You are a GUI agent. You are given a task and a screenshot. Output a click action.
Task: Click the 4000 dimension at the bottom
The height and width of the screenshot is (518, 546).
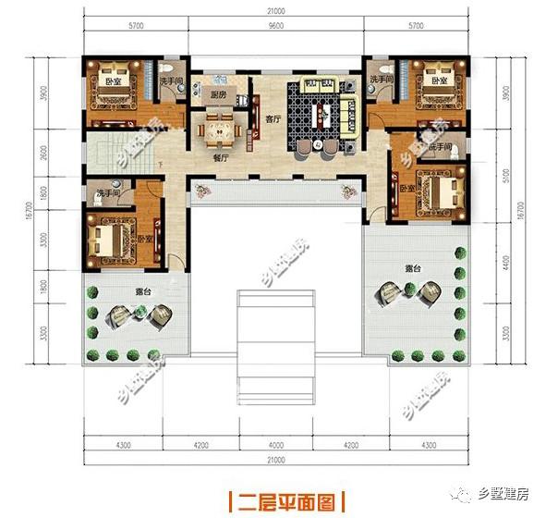(x=274, y=442)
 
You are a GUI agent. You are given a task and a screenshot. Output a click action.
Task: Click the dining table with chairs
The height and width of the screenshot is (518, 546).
(x=220, y=128)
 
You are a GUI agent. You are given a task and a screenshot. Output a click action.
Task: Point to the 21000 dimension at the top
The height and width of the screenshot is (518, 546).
(x=274, y=13)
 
